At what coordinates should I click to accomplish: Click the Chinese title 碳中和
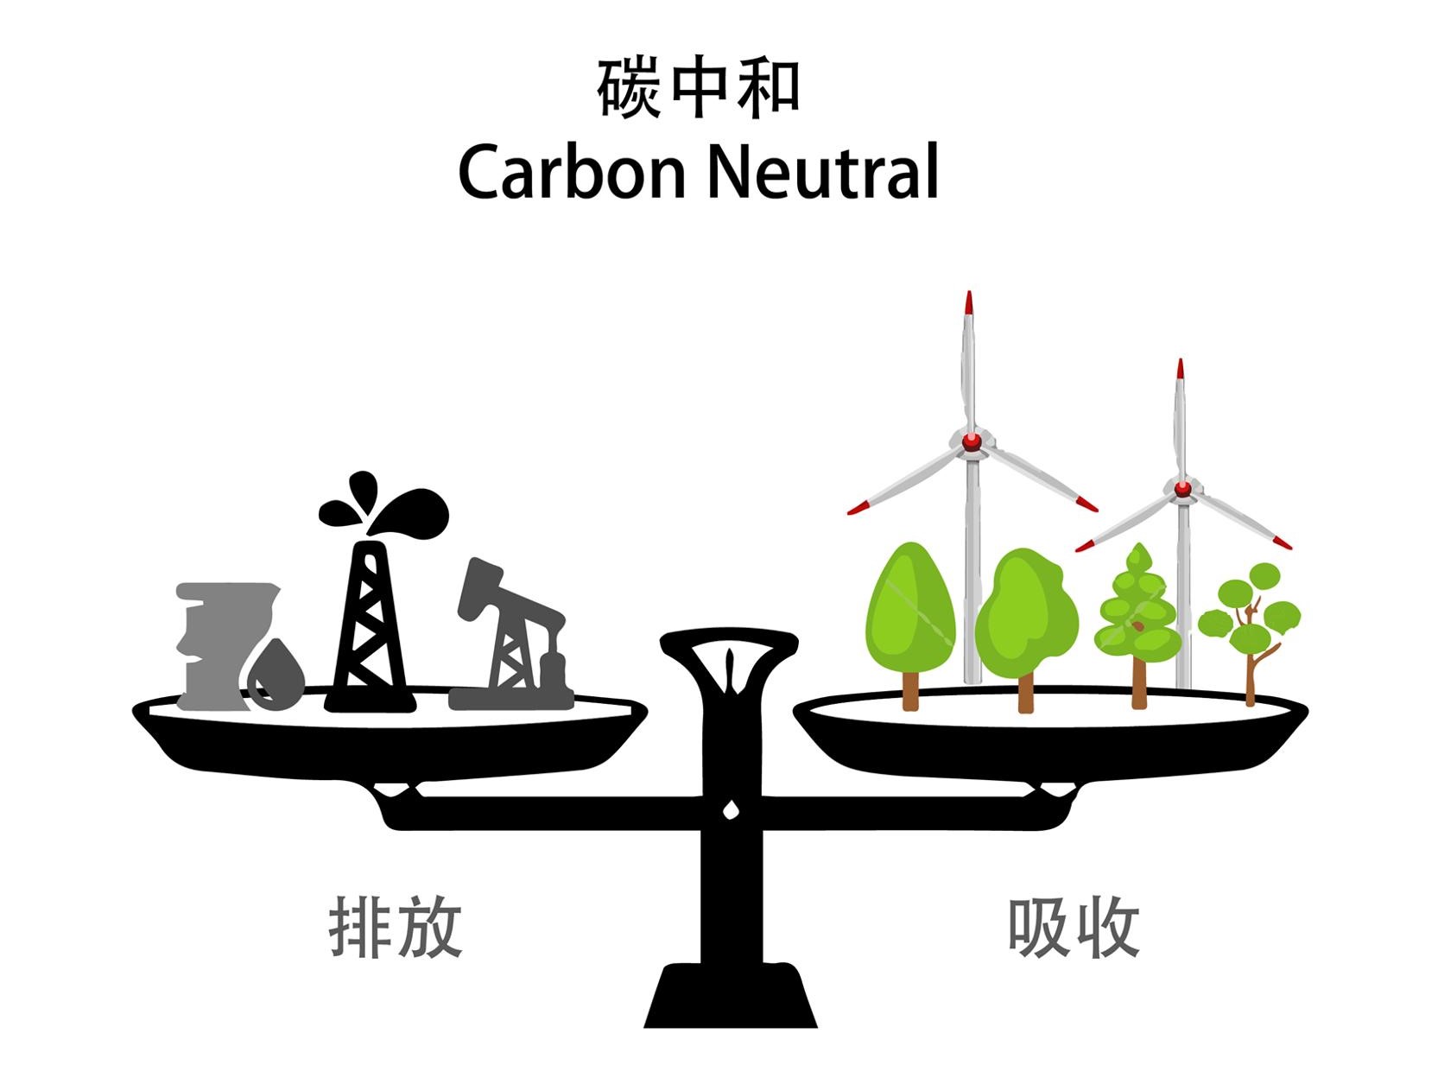[698, 88]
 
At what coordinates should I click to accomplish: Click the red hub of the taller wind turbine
[972, 441]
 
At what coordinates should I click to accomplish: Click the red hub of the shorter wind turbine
[1181, 490]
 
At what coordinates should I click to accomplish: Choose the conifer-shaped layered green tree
[1138, 613]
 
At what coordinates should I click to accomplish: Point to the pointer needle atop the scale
[730, 669]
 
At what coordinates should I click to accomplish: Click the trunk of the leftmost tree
[910, 691]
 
